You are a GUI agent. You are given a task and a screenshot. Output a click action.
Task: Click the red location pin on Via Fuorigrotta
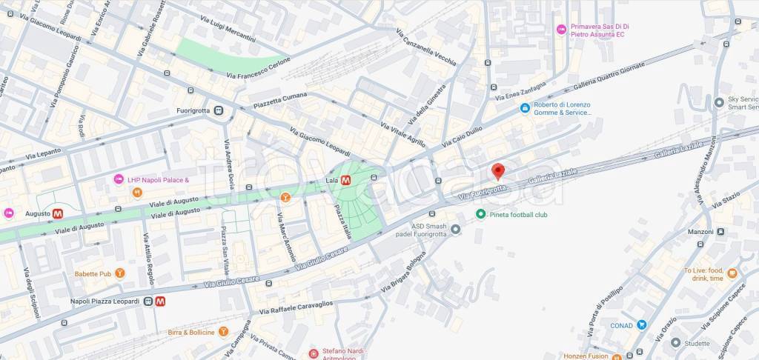(498, 171)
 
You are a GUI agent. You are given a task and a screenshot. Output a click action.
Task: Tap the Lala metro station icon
(345, 179)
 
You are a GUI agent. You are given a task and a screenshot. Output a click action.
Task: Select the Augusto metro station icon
(58, 213)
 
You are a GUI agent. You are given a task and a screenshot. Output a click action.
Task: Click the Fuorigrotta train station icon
(218, 111)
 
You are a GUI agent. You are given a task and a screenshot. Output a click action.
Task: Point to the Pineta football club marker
(480, 214)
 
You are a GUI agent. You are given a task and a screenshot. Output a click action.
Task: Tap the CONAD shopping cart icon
(641, 324)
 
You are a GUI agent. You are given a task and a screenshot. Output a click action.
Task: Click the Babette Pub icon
(120, 273)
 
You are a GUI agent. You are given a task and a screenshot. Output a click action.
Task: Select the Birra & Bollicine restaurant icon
(224, 332)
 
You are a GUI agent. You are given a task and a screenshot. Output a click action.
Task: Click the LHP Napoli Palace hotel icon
(118, 179)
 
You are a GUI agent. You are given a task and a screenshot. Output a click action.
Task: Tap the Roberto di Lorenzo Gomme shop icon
(525, 106)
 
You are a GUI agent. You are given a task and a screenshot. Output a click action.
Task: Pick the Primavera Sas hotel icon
(561, 29)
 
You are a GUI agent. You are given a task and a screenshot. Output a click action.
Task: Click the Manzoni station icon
(721, 232)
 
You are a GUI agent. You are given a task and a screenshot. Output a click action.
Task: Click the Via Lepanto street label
(41, 156)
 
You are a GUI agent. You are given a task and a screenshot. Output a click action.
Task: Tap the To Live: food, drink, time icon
(732, 273)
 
